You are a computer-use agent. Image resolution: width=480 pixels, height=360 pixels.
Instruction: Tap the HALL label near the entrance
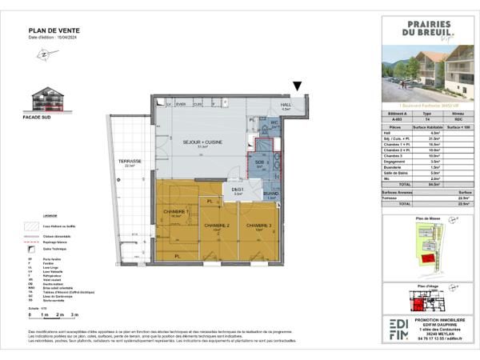286,105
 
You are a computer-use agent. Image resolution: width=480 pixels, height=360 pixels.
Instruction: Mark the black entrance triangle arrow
298,86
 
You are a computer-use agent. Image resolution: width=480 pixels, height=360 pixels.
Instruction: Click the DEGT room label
238,190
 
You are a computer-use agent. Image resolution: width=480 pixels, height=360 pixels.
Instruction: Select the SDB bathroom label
259,162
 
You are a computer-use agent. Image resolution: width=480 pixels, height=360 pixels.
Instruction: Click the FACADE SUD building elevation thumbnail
50,99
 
